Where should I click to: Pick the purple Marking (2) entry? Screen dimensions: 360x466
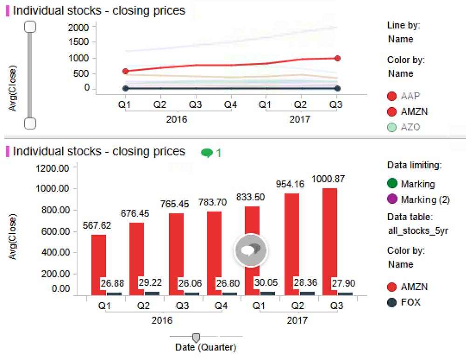[x=418, y=200]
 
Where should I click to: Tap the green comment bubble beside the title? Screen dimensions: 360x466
[x=207, y=152]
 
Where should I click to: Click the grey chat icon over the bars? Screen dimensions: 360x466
[x=251, y=250]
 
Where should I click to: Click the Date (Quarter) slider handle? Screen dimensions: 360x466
[x=196, y=337]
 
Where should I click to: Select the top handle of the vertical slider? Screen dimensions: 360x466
[x=30, y=27]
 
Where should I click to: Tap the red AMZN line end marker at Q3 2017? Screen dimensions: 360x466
[x=337, y=58]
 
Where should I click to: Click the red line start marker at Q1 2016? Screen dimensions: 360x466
[x=125, y=71]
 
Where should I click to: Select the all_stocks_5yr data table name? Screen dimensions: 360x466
[x=418, y=231]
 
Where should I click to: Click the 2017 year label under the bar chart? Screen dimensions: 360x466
[x=297, y=320]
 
